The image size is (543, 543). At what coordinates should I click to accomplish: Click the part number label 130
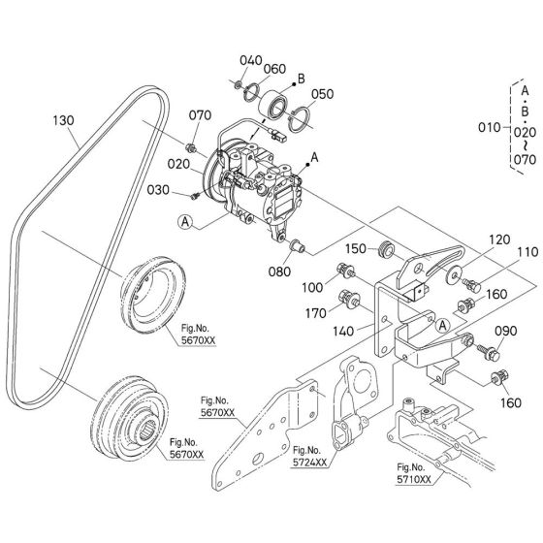pos(63,121)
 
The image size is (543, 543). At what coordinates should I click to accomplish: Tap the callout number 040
pos(251,60)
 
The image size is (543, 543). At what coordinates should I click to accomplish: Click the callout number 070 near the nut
pos(199,115)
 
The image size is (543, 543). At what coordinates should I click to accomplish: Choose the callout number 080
pos(280,272)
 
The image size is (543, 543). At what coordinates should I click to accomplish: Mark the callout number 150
pos(357,249)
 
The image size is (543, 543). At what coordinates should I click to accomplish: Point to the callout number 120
pos(471,238)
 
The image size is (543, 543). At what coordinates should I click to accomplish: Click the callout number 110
pos(500,251)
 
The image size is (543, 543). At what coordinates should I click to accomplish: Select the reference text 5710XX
pos(412,478)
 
